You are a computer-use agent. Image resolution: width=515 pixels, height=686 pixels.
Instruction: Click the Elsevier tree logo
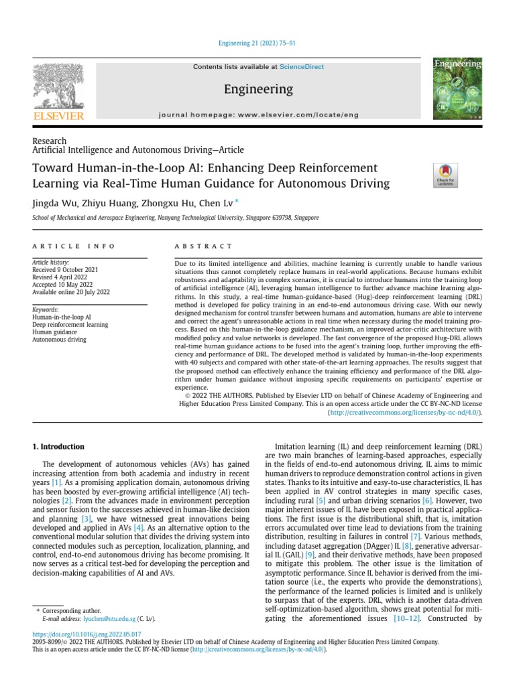pyautogui.click(x=58, y=87)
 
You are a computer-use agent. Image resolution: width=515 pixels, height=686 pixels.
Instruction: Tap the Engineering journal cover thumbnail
pyautogui.click(x=458, y=90)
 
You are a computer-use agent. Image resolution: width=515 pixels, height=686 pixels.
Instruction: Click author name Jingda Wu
pyautogui.click(x=52, y=203)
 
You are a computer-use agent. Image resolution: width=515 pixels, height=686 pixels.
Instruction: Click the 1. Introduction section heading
pyautogui.click(x=59, y=446)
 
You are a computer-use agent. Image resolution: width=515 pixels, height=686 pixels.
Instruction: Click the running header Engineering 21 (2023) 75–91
pyautogui.click(x=257, y=44)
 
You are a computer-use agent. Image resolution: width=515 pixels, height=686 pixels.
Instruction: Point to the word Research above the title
pyautogui.click(x=49, y=141)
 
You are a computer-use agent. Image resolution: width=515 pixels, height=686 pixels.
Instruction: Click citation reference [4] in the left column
pyautogui.click(x=137, y=528)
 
